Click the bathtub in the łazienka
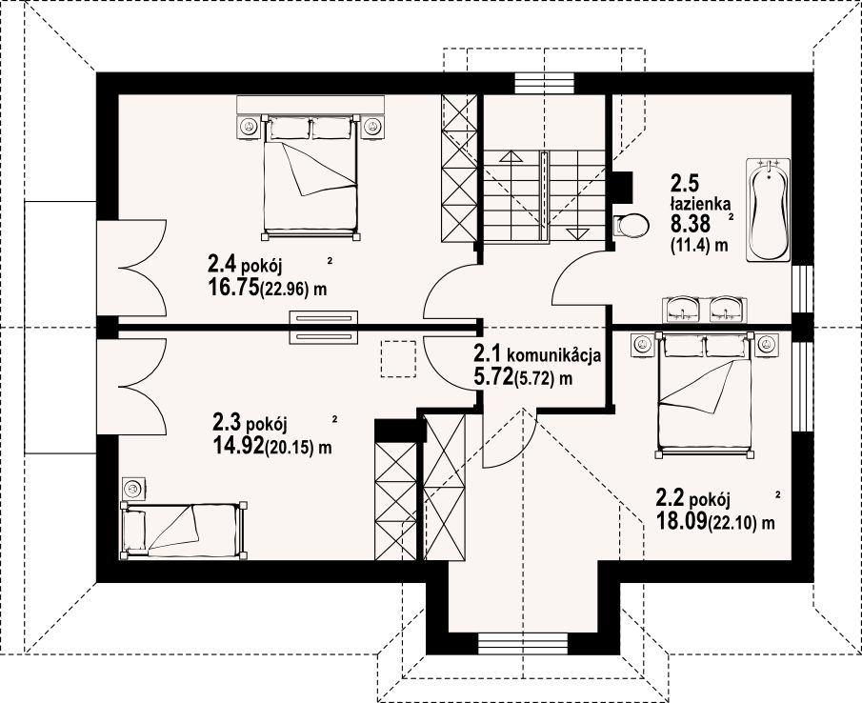[768, 210]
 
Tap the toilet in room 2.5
[630, 224]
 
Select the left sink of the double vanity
[682, 309]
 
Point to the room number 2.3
[227, 424]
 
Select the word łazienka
[700, 203]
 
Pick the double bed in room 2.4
[311, 177]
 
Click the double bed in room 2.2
[705, 394]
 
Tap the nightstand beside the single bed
[133, 489]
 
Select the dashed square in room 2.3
[398, 358]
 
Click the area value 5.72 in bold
[493, 376]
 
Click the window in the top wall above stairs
[545, 83]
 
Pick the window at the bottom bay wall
[523, 644]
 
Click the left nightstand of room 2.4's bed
[249, 127]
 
